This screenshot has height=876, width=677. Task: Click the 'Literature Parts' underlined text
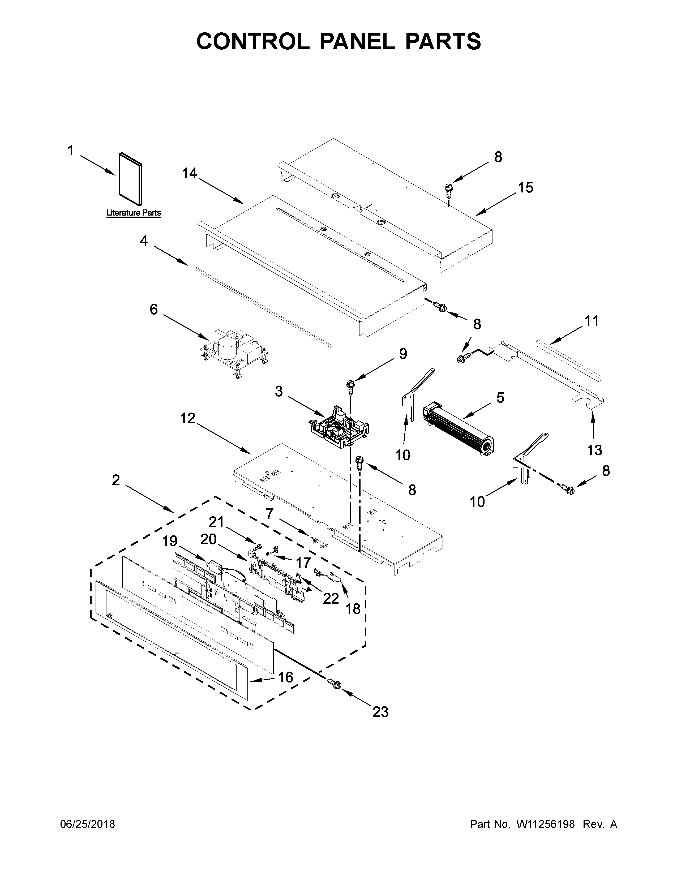133,213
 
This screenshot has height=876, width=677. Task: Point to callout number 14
190,173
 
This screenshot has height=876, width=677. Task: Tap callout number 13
594,450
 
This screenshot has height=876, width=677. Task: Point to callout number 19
170,541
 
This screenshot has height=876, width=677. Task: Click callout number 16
286,677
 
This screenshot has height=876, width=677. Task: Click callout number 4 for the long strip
144,241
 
